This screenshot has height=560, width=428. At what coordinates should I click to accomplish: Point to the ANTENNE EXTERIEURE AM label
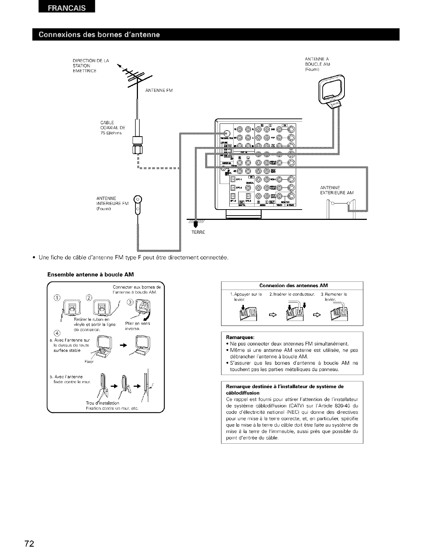tap(337, 190)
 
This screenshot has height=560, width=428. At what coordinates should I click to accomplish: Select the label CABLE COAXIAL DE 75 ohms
tap(111, 128)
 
